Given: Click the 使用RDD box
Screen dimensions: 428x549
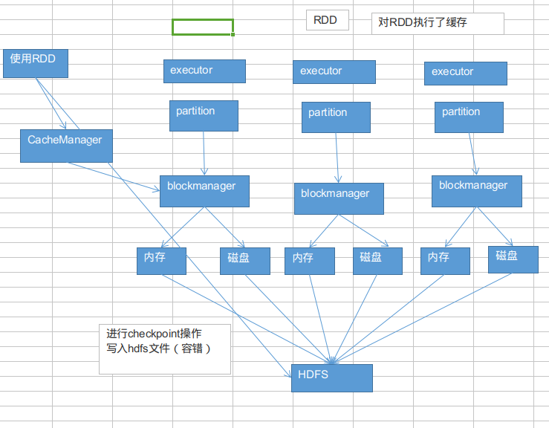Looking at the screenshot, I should [36, 63].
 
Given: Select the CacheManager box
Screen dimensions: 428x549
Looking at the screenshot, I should [66, 146].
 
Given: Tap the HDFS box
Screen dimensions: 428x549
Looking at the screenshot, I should [331, 377].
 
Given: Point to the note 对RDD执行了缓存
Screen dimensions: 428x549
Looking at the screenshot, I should [438, 23].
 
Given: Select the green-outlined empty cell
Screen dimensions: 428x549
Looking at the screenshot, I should [202, 27].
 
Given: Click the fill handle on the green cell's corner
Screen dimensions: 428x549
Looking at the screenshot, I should [233, 34].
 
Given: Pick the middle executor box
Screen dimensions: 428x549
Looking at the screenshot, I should [334, 72].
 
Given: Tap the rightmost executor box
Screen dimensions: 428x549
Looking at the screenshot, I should [466, 73].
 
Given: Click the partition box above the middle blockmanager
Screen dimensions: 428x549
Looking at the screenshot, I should [335, 117].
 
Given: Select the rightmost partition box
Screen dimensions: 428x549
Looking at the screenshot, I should [469, 117].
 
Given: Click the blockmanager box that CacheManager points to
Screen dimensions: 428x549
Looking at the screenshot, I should [204, 191].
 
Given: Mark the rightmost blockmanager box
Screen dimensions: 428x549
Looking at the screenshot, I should [477, 191].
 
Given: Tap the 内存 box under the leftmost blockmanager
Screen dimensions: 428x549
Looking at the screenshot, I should [161, 261].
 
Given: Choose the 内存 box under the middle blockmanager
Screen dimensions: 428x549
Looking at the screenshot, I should [309, 261].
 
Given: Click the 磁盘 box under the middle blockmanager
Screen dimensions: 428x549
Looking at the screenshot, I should [377, 261].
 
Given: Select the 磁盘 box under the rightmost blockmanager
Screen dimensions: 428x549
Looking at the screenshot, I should [513, 259].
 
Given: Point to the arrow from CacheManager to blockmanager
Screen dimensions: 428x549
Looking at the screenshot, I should [115, 176].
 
